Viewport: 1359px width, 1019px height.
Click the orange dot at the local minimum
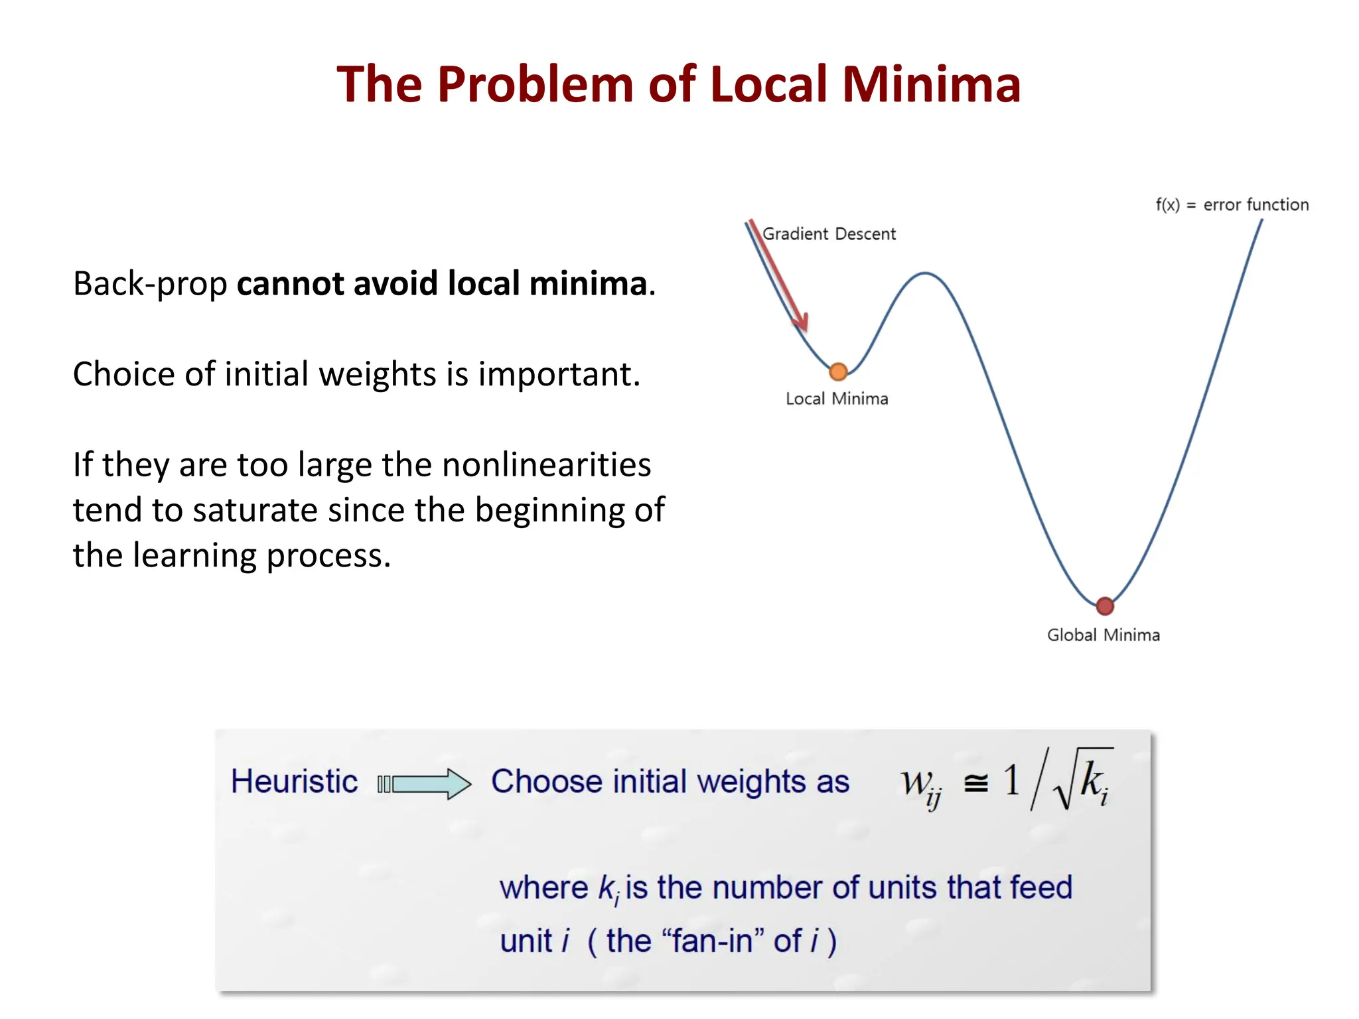pos(838,372)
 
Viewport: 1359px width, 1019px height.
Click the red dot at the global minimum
pos(1105,606)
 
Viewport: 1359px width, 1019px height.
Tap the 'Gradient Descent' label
pos(829,234)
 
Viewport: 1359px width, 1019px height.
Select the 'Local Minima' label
pos(837,399)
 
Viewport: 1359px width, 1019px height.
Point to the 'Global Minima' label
pos(1104,635)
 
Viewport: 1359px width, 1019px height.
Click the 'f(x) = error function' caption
pos(1232,205)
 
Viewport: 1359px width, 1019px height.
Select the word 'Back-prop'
pos(150,284)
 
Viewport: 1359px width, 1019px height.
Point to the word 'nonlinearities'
pos(546,464)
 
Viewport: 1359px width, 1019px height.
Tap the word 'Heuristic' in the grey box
pos(294,781)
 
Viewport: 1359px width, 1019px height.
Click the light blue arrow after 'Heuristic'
pos(425,784)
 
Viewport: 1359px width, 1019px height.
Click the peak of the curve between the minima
pos(925,273)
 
